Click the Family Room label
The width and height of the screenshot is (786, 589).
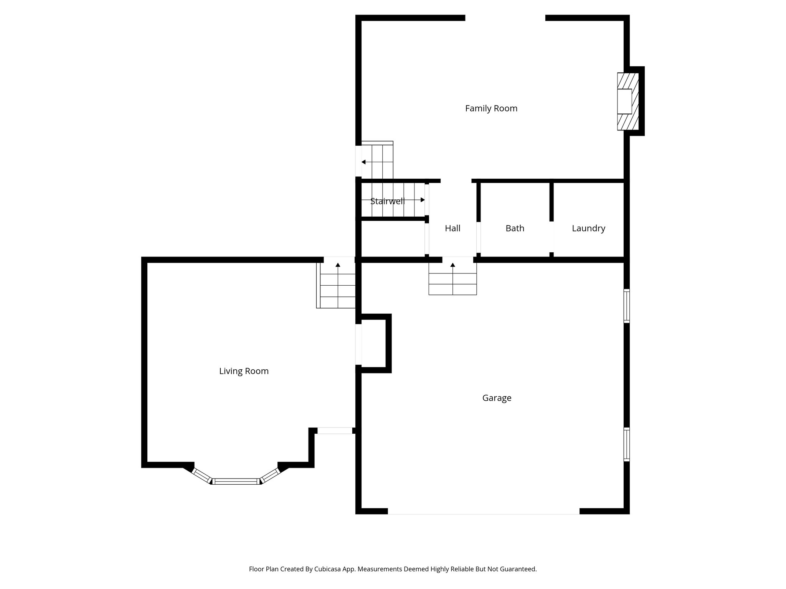pyautogui.click(x=491, y=109)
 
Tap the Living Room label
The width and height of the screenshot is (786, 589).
pyautogui.click(x=244, y=371)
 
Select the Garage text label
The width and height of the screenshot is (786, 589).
pyautogui.click(x=497, y=398)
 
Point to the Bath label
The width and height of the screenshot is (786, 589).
pyautogui.click(x=515, y=229)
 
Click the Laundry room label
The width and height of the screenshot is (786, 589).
pyautogui.click(x=588, y=229)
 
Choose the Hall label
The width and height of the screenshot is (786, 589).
pyautogui.click(x=452, y=229)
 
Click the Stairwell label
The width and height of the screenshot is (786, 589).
pyautogui.click(x=387, y=201)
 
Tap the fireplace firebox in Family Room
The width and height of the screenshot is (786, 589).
pyautogui.click(x=624, y=101)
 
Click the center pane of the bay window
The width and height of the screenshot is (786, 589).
pyautogui.click(x=236, y=481)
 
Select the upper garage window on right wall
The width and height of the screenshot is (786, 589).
pyautogui.click(x=626, y=306)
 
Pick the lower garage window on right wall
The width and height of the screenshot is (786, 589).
pyautogui.click(x=626, y=444)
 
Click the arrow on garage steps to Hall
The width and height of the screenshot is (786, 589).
pyautogui.click(x=452, y=265)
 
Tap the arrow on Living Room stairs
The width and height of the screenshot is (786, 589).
pyautogui.click(x=338, y=265)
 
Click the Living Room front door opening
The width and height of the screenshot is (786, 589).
pyautogui.click(x=335, y=431)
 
